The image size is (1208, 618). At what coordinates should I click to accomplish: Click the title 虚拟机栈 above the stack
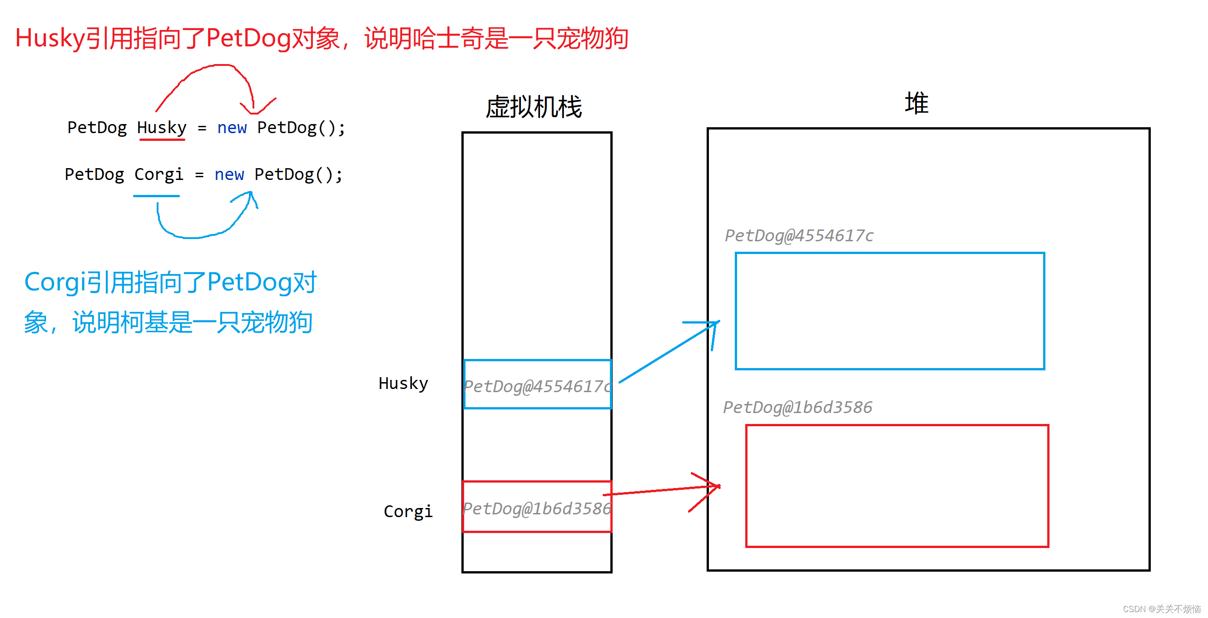(x=534, y=107)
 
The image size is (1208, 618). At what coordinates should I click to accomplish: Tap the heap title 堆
(x=916, y=103)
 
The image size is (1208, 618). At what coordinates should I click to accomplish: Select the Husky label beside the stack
(x=403, y=384)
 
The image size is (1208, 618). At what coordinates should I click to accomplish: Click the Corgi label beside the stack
(x=408, y=512)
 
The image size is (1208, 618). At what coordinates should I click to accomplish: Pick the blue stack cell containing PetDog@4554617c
(x=537, y=384)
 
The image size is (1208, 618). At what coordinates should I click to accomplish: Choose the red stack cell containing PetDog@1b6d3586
(x=537, y=507)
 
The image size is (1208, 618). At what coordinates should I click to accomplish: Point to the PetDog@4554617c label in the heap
(x=799, y=235)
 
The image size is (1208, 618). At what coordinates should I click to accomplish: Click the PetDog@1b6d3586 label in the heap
(x=797, y=407)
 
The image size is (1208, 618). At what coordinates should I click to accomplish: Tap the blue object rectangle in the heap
(x=890, y=311)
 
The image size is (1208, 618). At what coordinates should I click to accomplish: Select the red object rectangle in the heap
(x=896, y=486)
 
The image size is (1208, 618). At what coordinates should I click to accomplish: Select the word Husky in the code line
(x=162, y=128)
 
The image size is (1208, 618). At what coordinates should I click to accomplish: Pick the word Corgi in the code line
(x=158, y=174)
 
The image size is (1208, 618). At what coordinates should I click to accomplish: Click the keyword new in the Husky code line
(x=232, y=128)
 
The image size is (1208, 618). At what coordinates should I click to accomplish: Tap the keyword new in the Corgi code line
(x=229, y=174)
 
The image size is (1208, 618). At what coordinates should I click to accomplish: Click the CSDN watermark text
(x=1161, y=608)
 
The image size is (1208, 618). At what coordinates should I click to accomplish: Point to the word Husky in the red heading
(x=50, y=39)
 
